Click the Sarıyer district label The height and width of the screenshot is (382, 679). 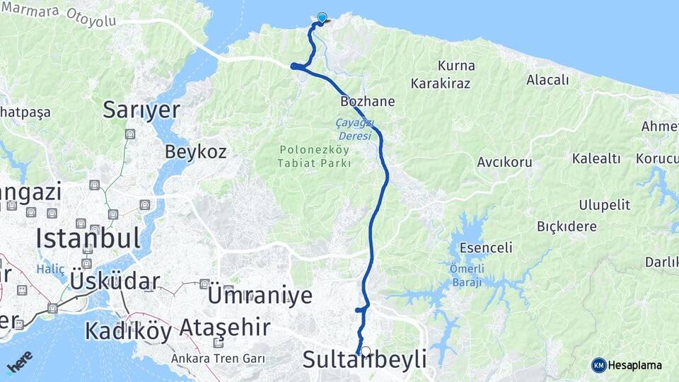coord(141,109)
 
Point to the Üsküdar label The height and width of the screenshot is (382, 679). coord(115,281)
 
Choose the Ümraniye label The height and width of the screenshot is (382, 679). coord(260,295)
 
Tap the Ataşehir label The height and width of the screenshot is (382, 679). coord(224,328)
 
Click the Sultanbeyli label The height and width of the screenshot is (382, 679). coord(364,359)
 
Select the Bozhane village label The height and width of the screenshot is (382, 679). coord(367,101)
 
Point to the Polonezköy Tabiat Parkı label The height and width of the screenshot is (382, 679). coord(315,156)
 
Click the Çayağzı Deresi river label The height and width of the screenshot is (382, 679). coord(353,129)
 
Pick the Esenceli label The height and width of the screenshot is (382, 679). coord(486,248)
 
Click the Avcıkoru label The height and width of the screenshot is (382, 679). coord(504,162)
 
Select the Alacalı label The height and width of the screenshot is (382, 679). coord(547,80)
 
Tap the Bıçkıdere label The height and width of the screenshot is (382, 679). coord(567,226)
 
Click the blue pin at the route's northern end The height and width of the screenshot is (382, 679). coord(323,18)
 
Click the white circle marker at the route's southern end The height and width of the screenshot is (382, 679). coord(366,350)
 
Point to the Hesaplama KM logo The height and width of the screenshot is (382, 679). coord(627,365)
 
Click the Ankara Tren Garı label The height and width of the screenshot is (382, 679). coord(218,358)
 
